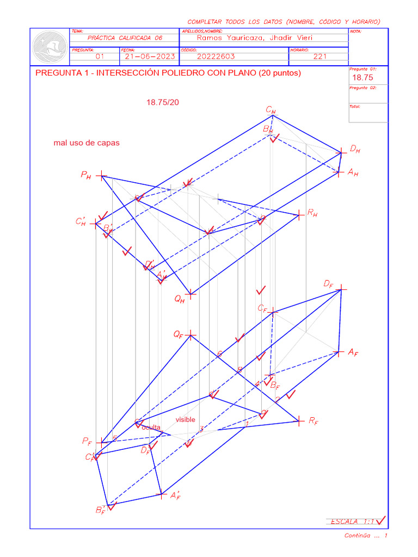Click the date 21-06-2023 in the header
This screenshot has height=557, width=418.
pos(149,56)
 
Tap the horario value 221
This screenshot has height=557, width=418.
pos(320,56)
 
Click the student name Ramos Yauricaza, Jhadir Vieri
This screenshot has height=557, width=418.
pos(255,38)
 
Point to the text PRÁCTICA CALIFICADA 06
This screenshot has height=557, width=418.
pos(125,38)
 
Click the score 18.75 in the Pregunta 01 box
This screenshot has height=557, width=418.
pos(361,77)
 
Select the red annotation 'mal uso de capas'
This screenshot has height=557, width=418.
pos(87,143)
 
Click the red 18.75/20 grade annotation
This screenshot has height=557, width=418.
pos(163,102)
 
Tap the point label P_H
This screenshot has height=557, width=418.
pos(86,175)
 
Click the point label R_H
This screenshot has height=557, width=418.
pos(312,214)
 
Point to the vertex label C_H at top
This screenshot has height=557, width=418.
pos(271,110)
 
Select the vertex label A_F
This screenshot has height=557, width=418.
pos(353,352)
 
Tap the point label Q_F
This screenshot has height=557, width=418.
pos(179,335)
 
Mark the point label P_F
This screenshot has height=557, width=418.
pos(87,441)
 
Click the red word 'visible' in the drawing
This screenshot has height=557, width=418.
pos(185,419)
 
